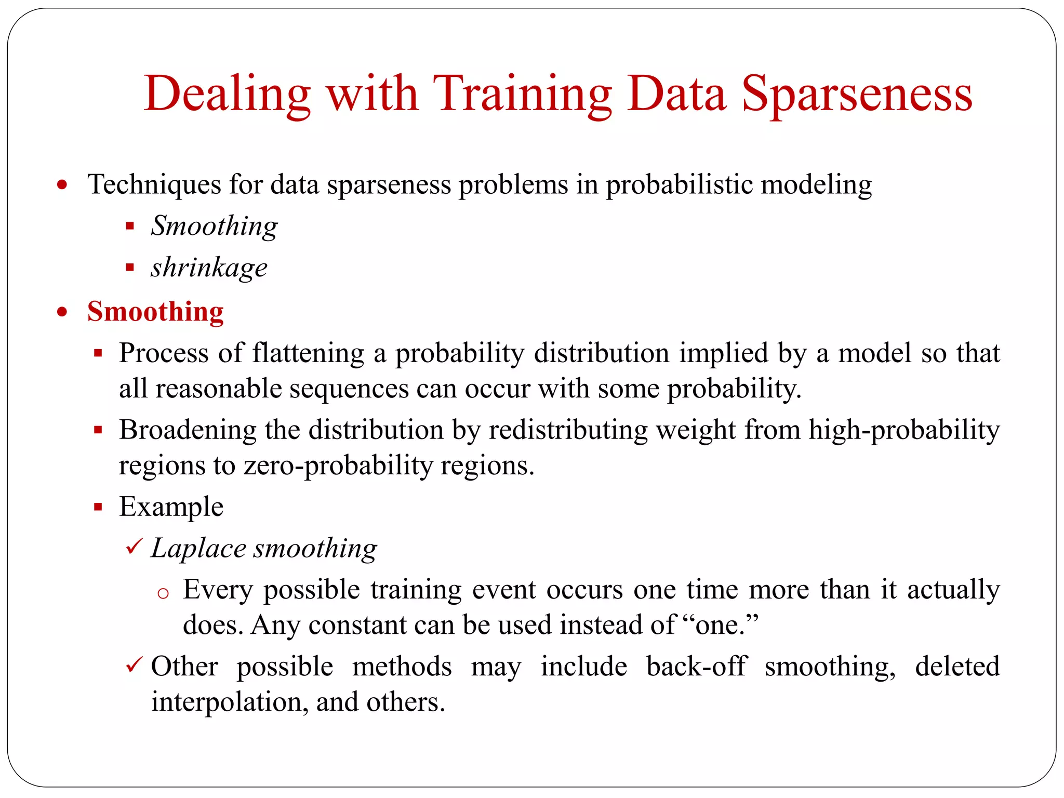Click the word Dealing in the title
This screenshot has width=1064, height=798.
pyautogui.click(x=227, y=95)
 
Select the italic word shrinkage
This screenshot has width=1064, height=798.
pyautogui.click(x=209, y=268)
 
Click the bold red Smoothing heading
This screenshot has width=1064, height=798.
pyautogui.click(x=155, y=312)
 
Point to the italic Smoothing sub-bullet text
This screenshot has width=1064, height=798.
pyautogui.click(x=214, y=226)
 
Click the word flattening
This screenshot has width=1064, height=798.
pyautogui.click(x=308, y=353)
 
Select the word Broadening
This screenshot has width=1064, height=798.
pyautogui.click(x=188, y=430)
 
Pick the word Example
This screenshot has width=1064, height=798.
pyautogui.click(x=171, y=507)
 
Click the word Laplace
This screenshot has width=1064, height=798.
pyautogui.click(x=198, y=549)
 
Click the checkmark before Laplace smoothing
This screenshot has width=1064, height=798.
pyautogui.click(x=134, y=547)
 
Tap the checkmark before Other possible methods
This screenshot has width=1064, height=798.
pyautogui.click(x=134, y=665)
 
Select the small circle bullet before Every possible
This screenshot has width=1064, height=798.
pyautogui.click(x=163, y=594)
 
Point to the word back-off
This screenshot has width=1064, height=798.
pyautogui.click(x=696, y=667)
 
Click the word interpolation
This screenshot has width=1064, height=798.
pyautogui.click(x=225, y=702)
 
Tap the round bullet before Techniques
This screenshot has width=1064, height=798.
pyautogui.click(x=62, y=185)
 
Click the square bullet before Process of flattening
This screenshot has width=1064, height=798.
pyautogui.click(x=98, y=353)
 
